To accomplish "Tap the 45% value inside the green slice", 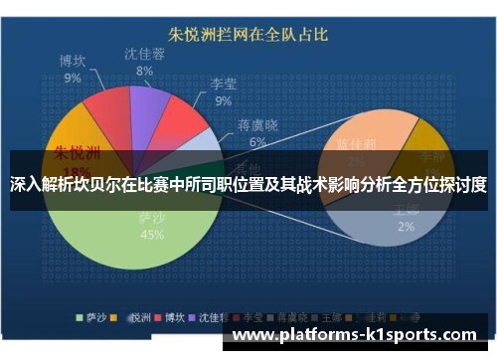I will (x=152, y=236).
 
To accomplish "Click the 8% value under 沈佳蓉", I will (x=145, y=71).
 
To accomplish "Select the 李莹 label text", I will (x=223, y=85).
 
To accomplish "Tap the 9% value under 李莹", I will (x=223, y=100).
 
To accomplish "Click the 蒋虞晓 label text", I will (x=257, y=125).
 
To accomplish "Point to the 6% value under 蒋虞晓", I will (x=257, y=142).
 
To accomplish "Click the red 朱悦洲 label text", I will (x=77, y=153).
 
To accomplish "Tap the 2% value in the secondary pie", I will (x=407, y=226).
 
